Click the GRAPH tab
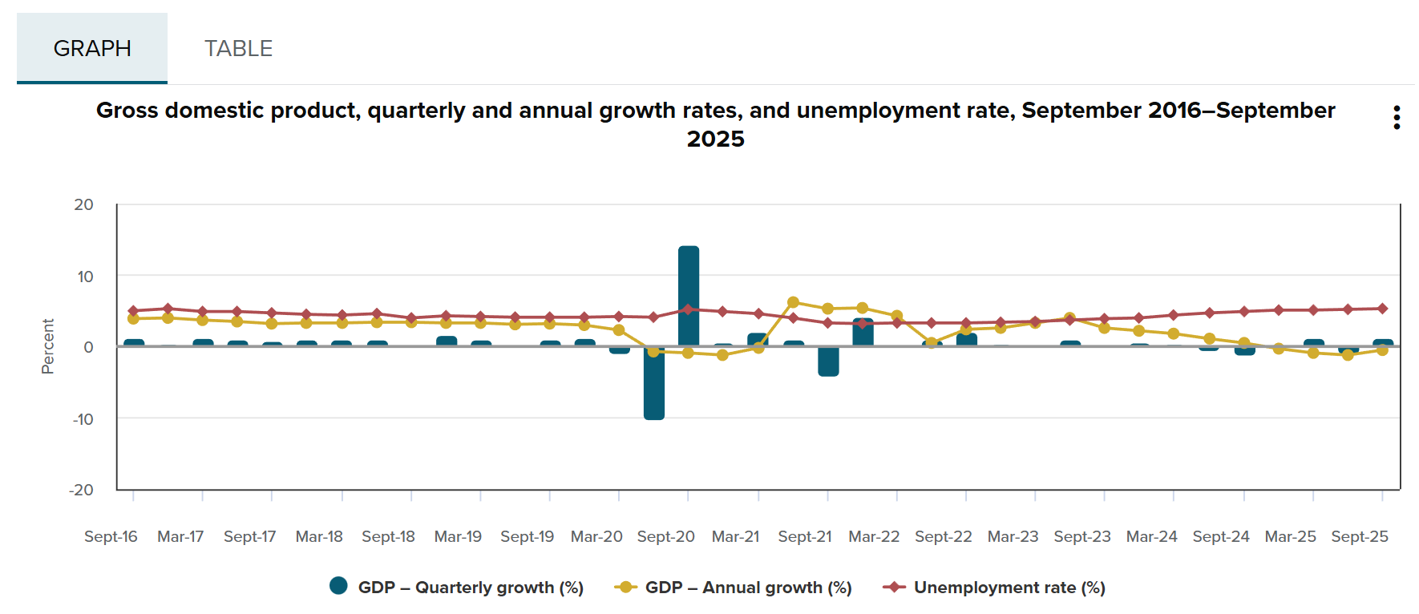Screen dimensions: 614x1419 [x=92, y=48]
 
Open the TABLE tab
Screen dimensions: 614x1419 [x=238, y=48]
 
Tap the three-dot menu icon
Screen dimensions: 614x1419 [x=1397, y=117]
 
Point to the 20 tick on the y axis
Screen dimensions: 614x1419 [x=83, y=204]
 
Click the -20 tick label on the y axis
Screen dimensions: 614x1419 [x=81, y=490]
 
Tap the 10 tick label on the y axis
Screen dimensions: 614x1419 [x=85, y=277]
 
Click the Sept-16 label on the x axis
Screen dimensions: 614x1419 [x=111, y=536]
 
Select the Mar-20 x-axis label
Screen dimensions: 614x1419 [x=596, y=536]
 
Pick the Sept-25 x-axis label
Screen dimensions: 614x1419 [x=1359, y=536]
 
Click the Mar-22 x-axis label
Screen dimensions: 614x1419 [x=874, y=536]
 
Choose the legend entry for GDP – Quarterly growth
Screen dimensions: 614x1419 [x=457, y=588]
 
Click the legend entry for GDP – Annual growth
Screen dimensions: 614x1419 [x=733, y=588]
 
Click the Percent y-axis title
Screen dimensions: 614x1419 [x=48, y=346]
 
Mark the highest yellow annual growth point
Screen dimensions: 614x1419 [x=793, y=302]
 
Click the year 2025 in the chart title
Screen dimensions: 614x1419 [x=715, y=139]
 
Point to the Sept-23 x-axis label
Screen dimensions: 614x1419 [x=1081, y=536]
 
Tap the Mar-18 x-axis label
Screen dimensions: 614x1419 [x=319, y=536]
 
